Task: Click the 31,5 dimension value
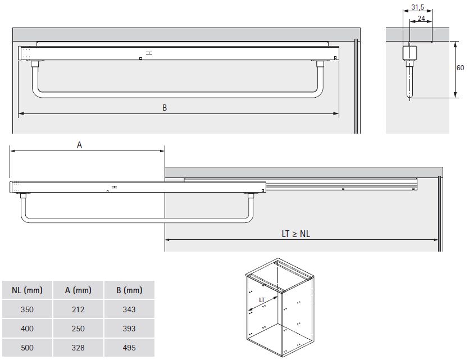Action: click(x=417, y=7)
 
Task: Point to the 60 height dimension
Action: click(x=460, y=67)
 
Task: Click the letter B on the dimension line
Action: click(x=165, y=108)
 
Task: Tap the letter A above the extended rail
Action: click(x=80, y=145)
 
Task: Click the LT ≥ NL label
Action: click(x=296, y=234)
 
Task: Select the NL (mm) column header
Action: click(x=27, y=290)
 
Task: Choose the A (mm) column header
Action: click(x=78, y=290)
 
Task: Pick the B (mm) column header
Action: click(x=129, y=290)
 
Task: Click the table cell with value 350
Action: click(x=27, y=309)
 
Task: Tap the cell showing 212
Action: click(x=78, y=309)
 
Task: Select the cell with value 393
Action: click(x=129, y=329)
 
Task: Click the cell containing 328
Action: click(x=78, y=348)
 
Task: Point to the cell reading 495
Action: click(x=129, y=348)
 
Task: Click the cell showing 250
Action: click(x=78, y=329)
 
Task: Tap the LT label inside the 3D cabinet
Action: click(x=262, y=300)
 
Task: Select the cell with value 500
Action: click(x=27, y=348)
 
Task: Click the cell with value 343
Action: click(x=129, y=309)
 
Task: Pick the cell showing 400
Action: click(x=27, y=329)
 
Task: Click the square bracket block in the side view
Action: click(x=409, y=53)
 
